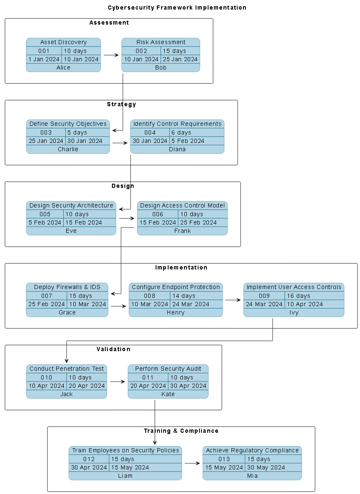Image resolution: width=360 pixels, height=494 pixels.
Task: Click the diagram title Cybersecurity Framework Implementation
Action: [x=177, y=7]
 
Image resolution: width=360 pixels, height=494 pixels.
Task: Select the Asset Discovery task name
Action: [x=63, y=42]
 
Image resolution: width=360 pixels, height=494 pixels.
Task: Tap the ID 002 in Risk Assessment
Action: [x=141, y=51]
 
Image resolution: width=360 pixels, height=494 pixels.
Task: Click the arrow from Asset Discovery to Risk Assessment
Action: [x=111, y=55]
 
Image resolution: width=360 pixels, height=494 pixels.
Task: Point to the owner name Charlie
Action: [x=68, y=149]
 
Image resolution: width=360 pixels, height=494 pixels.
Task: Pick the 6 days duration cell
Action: [x=181, y=132]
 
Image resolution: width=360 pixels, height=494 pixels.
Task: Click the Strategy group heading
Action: [x=121, y=104]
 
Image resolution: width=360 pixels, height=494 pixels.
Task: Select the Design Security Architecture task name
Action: [x=71, y=205]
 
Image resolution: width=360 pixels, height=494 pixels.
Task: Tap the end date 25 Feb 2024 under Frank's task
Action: [x=198, y=222]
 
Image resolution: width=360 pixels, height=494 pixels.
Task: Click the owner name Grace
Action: [x=67, y=312]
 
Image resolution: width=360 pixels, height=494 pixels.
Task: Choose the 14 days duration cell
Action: [x=183, y=296]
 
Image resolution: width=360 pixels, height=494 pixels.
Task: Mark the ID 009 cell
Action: [x=264, y=296]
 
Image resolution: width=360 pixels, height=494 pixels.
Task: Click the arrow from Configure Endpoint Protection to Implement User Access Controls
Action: [x=233, y=300]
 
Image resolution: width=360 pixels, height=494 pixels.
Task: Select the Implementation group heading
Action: [x=181, y=267]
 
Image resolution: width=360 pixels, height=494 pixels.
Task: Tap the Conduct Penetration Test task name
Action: [x=67, y=369]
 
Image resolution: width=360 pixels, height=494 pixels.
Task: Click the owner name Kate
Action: [x=168, y=394]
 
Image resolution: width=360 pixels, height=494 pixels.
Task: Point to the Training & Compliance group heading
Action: [x=181, y=431]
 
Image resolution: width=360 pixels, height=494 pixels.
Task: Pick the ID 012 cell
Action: [x=89, y=459]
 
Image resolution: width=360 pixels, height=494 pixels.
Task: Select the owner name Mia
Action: [x=252, y=476]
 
